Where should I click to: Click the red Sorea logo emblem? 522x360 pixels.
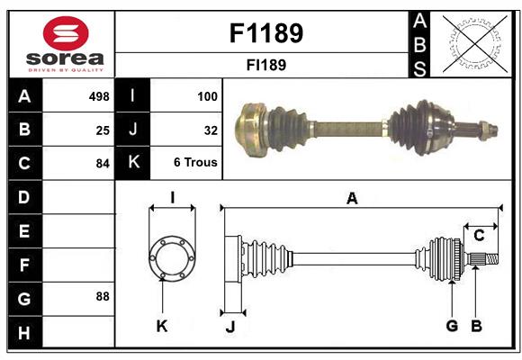click(x=66, y=34)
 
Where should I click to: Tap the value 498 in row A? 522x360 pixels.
click(x=98, y=96)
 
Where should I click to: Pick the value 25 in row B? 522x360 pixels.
click(x=102, y=130)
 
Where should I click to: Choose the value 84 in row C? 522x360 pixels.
click(x=102, y=164)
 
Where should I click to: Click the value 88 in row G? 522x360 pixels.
click(x=102, y=296)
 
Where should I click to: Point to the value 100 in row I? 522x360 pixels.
click(x=207, y=96)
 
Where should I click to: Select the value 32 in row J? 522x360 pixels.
click(x=211, y=130)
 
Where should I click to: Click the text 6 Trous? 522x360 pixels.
click(x=195, y=164)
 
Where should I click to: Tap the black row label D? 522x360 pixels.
click(x=24, y=196)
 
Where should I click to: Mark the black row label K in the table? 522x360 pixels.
click(x=133, y=163)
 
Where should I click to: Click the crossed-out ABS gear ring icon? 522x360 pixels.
click(x=469, y=42)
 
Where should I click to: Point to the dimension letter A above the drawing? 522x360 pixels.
click(x=352, y=199)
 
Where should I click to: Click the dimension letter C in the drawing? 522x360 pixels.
click(x=479, y=236)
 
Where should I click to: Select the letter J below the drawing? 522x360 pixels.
click(x=229, y=327)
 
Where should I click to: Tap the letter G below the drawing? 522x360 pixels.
click(x=452, y=326)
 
